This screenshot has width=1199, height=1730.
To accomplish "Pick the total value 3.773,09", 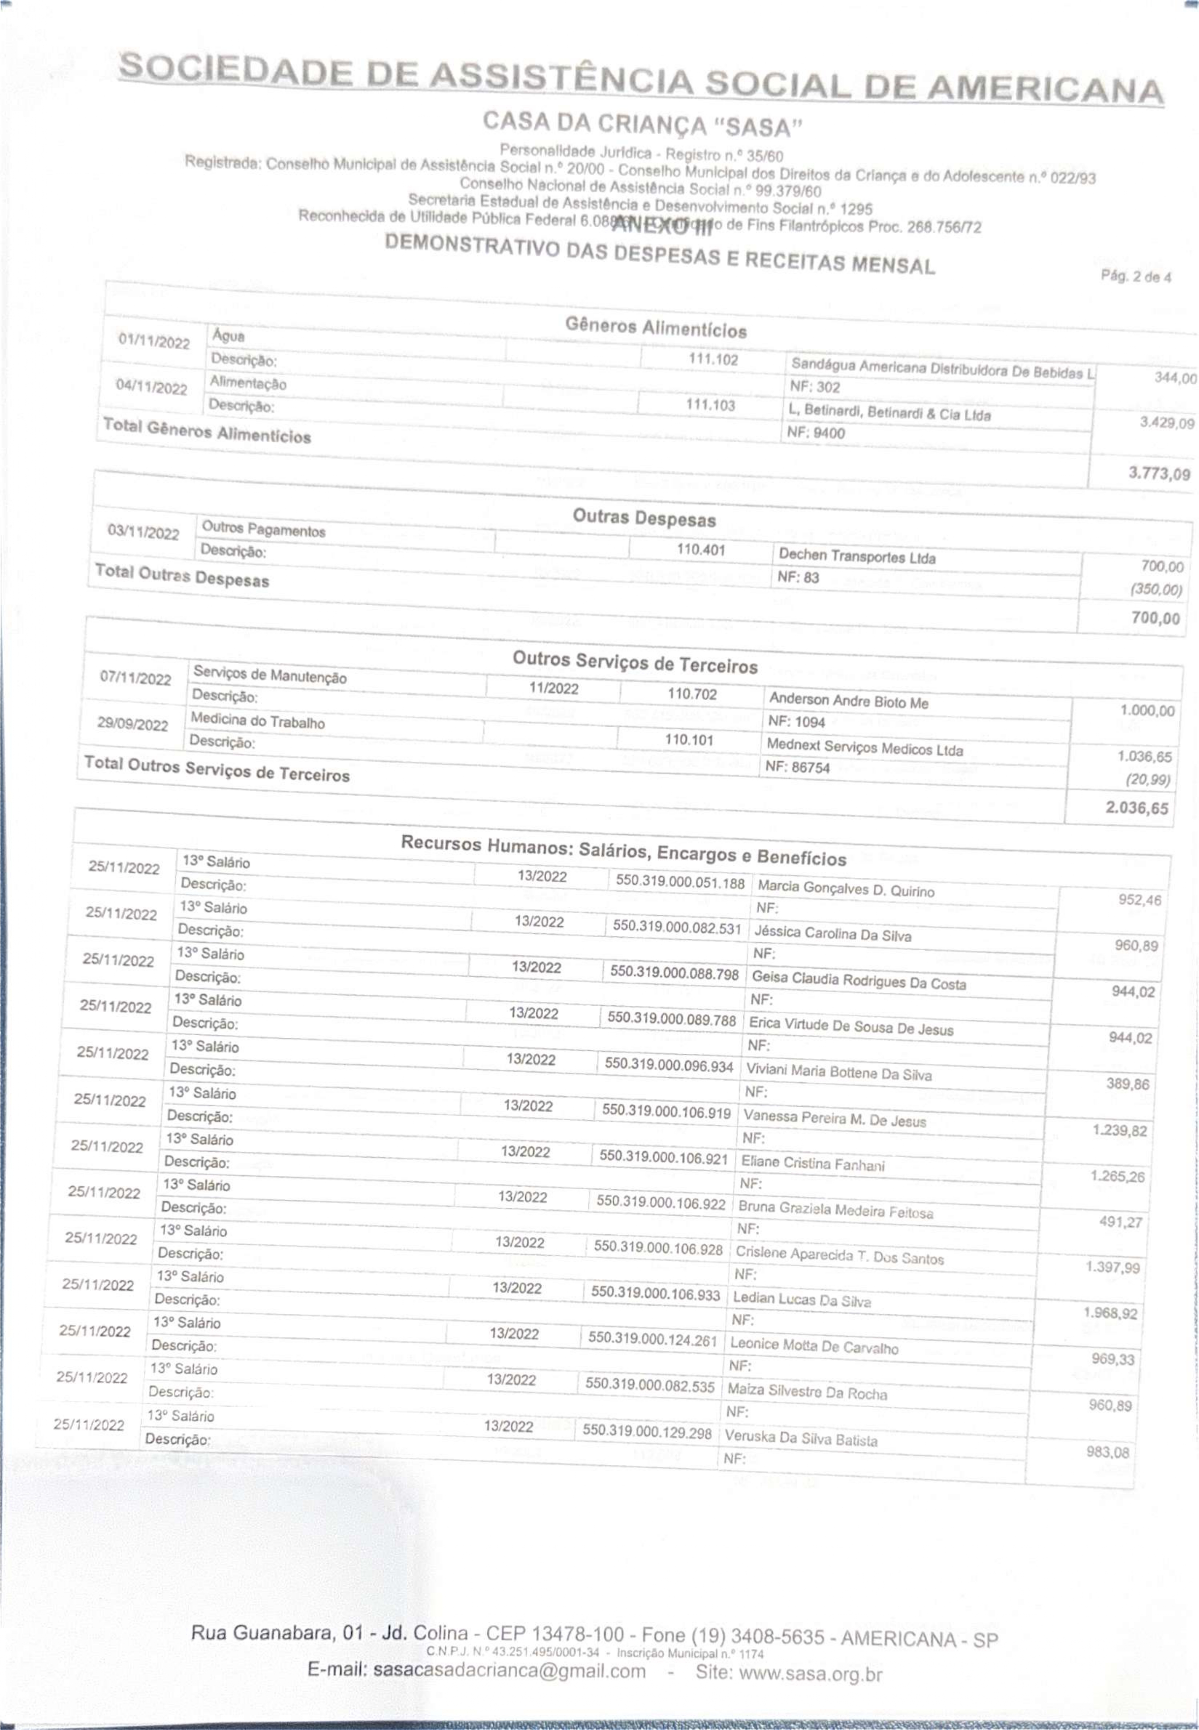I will point(1159,474).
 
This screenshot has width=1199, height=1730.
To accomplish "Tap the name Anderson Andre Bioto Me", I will point(848,701).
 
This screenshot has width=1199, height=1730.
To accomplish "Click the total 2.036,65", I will point(1137,808).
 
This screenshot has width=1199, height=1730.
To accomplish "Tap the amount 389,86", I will point(1127,1083).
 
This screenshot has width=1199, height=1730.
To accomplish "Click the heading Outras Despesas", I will point(644,518).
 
